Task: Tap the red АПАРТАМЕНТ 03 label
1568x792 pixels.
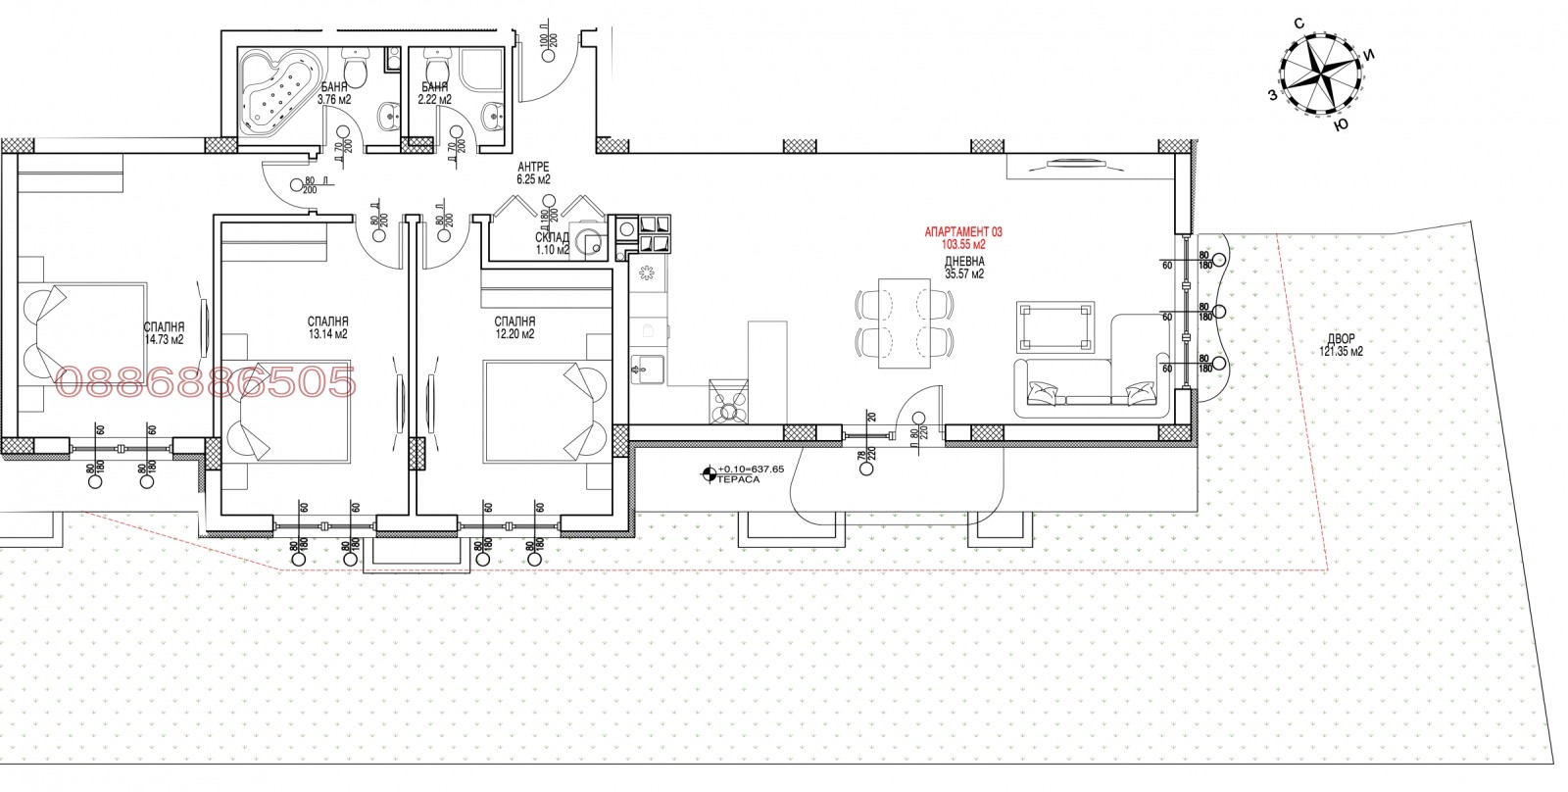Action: tap(964, 232)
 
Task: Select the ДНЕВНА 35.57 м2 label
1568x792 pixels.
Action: tap(964, 268)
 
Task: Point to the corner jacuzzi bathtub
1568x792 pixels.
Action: tap(278, 92)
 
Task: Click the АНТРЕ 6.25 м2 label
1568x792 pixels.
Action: tap(534, 173)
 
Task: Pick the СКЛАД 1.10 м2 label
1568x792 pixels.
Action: tap(552, 243)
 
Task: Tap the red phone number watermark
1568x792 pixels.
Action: tap(208, 382)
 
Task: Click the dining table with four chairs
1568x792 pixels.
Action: tap(904, 322)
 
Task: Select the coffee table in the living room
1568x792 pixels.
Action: tap(1055, 326)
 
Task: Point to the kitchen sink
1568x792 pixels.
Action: tap(647, 369)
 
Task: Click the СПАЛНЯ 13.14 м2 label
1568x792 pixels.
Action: tap(327, 327)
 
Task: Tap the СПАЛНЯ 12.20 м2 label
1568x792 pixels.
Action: tap(514, 327)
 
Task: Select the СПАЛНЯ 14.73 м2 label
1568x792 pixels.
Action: tap(164, 333)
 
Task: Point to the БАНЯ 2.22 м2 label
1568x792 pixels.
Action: tap(433, 93)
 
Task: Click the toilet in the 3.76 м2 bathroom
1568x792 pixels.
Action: tap(359, 71)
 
